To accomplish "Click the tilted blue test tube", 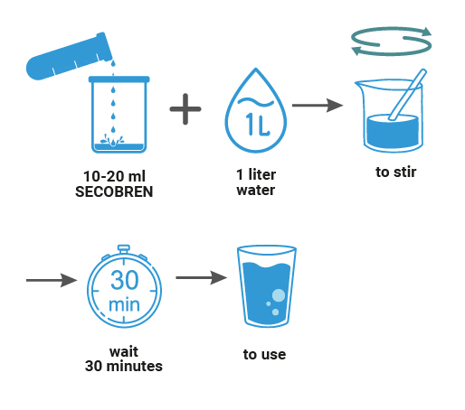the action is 70,57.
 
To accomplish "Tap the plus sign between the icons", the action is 185,109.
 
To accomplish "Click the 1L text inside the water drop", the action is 257,124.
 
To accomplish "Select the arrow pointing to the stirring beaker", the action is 318,106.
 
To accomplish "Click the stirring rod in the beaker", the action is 407,95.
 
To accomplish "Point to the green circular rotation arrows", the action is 392,42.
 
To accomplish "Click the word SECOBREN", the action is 114,191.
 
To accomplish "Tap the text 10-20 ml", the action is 114,176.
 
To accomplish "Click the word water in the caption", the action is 256,191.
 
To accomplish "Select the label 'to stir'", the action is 396,172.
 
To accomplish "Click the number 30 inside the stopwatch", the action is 125,280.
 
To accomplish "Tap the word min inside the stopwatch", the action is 124,305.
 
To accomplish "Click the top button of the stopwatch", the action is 124,249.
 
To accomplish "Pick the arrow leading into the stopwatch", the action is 52,280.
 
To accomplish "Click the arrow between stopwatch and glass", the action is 202,277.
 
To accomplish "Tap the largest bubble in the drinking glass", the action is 279,295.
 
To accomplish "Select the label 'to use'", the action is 264,355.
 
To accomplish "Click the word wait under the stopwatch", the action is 124,351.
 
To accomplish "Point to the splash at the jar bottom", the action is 112,140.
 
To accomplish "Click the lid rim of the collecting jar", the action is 119,79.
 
